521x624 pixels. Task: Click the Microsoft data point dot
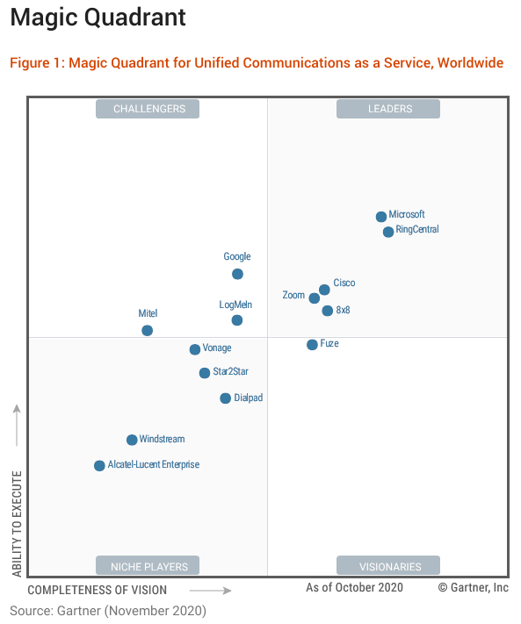click(x=381, y=217)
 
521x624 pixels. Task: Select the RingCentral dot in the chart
click(x=388, y=232)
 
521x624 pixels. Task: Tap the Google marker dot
click(x=237, y=274)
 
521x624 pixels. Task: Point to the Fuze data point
click(x=312, y=345)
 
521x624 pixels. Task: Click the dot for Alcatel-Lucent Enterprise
click(x=99, y=466)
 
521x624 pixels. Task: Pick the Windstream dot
click(x=132, y=440)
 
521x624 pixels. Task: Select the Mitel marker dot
click(x=147, y=331)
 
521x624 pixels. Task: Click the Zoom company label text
click(x=293, y=296)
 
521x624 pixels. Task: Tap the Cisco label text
click(x=344, y=283)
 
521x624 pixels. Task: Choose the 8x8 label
click(x=344, y=311)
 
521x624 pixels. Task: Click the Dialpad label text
click(x=249, y=398)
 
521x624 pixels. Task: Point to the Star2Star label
click(x=230, y=372)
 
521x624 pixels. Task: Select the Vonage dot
click(x=195, y=349)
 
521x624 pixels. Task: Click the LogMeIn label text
click(x=235, y=305)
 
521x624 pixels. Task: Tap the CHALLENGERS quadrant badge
click(x=149, y=109)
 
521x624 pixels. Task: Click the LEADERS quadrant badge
click(x=390, y=109)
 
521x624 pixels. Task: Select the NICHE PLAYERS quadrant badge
click(x=149, y=566)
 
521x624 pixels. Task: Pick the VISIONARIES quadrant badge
click(x=390, y=566)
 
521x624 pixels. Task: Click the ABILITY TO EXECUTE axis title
click(x=17, y=523)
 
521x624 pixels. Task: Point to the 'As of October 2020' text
click(x=354, y=587)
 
